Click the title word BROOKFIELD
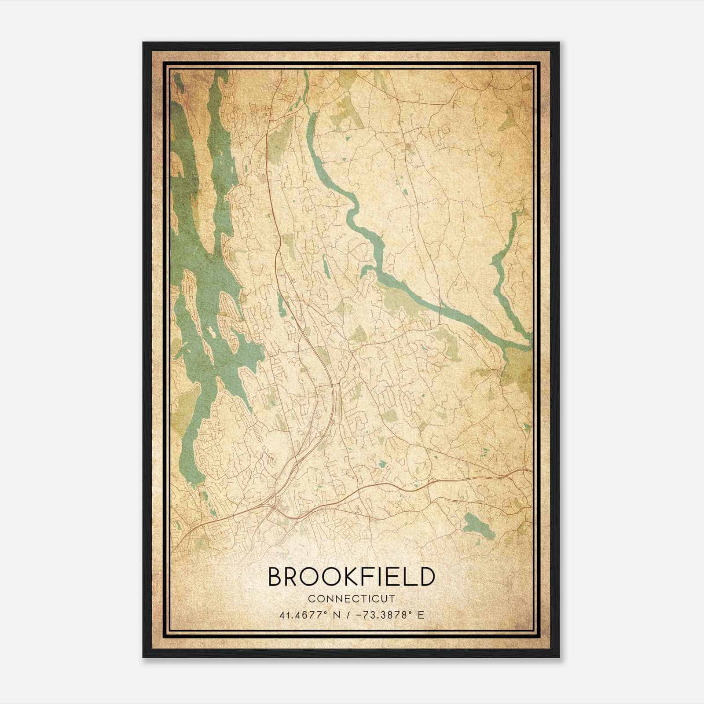[351, 577]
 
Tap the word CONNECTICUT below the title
[351, 599]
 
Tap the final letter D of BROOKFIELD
[426, 577]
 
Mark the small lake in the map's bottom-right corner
[478, 524]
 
